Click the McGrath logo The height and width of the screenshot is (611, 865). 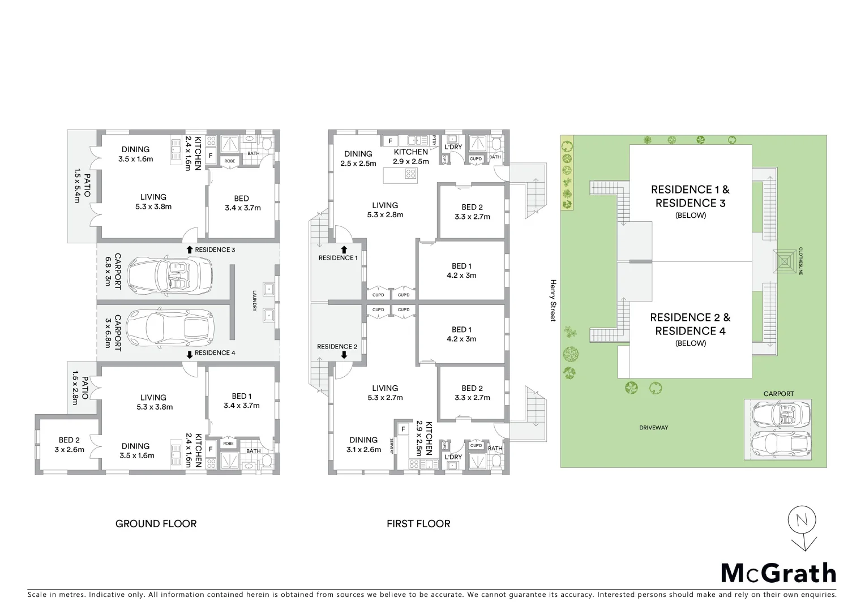pos(778,573)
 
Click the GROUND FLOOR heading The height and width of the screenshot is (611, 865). pos(156,524)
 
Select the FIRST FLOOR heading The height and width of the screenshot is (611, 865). pos(418,524)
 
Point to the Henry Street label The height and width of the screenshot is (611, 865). pos(554,300)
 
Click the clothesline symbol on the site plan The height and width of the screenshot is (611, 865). pos(783,261)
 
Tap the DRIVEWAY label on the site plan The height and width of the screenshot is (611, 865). pos(654,428)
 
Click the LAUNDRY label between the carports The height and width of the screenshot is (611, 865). pos(255,300)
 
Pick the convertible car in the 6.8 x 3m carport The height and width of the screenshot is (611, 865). pos(169,274)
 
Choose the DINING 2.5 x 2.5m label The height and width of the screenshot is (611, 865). pos(358,158)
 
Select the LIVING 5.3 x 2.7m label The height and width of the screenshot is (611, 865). pos(385,393)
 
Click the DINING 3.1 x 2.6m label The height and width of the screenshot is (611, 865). pos(363,445)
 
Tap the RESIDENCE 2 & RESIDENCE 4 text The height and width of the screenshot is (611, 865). pos(690,324)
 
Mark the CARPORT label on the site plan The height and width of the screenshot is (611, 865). pos(778,394)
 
